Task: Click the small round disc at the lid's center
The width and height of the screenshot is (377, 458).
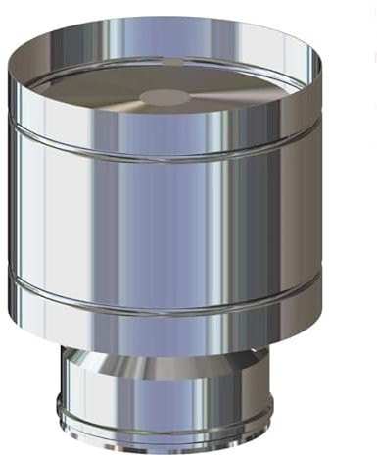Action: [x=164, y=96]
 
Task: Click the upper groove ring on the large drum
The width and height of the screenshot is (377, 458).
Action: [x=176, y=157]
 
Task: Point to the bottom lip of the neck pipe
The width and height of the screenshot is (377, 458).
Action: [x=177, y=447]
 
